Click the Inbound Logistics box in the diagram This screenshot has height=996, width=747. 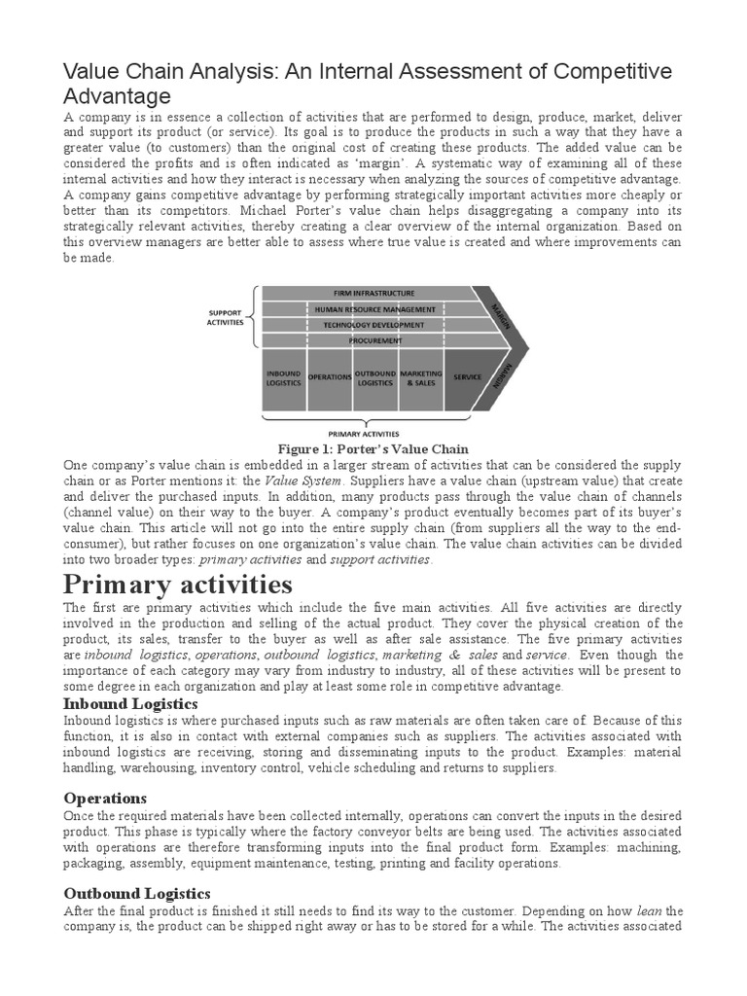pos(283,377)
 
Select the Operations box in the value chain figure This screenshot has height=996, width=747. pos(329,377)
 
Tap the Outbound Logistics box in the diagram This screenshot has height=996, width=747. pos(374,377)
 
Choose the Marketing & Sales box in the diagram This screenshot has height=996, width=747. pos(420,377)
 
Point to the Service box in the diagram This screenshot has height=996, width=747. pos(467,377)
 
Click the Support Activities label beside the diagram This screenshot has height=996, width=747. pos(225,317)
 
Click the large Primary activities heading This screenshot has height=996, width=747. pos(177,585)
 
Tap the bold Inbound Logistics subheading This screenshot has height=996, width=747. pos(130,703)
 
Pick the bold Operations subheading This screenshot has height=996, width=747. pos(104,798)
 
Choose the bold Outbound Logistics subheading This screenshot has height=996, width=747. pos(136,893)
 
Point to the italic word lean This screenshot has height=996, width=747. pos(650,910)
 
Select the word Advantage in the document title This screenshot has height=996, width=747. pos(117,96)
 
